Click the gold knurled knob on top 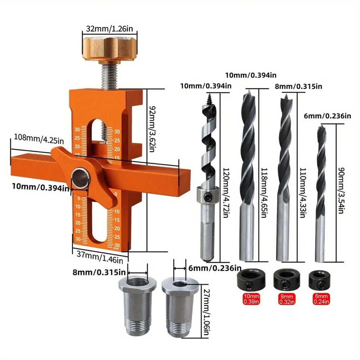[110, 49]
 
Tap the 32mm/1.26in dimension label [110, 28]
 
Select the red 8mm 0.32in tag [286, 299]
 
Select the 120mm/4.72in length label [226, 193]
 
